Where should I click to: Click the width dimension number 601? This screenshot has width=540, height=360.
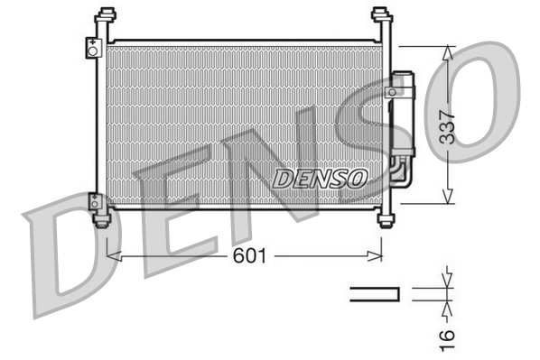click(251, 256)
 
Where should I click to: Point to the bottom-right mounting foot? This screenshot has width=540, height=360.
click(387, 219)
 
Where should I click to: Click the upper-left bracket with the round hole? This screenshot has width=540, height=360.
click(93, 48)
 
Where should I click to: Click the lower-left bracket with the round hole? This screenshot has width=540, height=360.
click(94, 201)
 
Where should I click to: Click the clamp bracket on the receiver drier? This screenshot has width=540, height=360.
click(395, 91)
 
